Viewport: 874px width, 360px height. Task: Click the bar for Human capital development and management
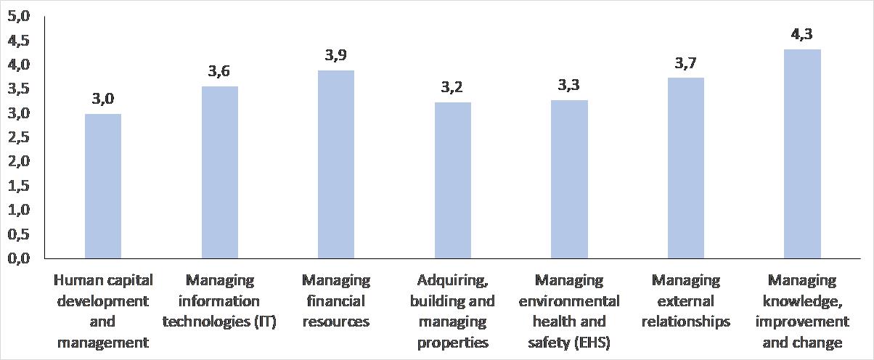click(x=103, y=187)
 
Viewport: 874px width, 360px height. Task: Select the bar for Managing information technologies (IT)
click(x=219, y=173)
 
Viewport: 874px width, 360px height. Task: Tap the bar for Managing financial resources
click(x=336, y=165)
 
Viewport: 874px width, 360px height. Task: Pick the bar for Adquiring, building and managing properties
click(x=452, y=181)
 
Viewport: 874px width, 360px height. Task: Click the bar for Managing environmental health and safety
click(x=569, y=179)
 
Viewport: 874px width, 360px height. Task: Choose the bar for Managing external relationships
click(x=686, y=168)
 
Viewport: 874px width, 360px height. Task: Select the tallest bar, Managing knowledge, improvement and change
click(x=802, y=154)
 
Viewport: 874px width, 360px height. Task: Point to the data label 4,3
click(x=802, y=35)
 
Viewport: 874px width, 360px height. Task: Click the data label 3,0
click(x=103, y=99)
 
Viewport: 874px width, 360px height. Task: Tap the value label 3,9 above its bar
click(x=336, y=56)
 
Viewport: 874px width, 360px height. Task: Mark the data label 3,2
click(x=452, y=88)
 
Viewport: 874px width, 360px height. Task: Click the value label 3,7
click(x=686, y=63)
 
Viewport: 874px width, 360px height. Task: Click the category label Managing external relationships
click(x=686, y=300)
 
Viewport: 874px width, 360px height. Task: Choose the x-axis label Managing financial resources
click(x=336, y=300)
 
